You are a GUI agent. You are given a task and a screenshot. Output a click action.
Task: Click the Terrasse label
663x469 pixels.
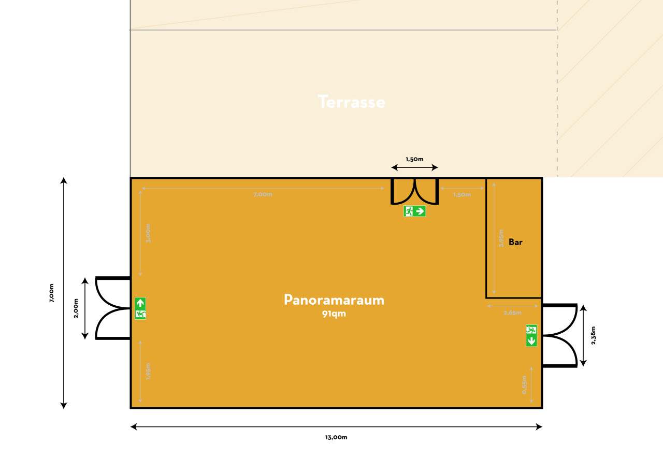(352, 102)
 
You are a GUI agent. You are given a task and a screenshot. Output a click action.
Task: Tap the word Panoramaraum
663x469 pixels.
(334, 300)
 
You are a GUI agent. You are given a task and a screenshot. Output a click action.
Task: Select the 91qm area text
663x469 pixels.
(334, 314)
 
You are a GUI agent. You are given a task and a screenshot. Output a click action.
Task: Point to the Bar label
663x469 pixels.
(515, 242)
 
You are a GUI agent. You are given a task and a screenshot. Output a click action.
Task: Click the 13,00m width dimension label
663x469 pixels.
(336, 437)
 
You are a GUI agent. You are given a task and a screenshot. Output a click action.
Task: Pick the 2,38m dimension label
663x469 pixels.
(594, 336)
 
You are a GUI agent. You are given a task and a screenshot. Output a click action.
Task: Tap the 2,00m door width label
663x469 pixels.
(76, 308)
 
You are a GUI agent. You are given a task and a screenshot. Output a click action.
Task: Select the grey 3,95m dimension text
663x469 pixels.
(501, 238)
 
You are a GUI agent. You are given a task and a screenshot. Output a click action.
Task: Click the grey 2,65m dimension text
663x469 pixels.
(513, 312)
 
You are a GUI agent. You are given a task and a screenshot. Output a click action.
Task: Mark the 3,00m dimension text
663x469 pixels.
(148, 233)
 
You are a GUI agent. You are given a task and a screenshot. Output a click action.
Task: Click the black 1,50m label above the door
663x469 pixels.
(414, 159)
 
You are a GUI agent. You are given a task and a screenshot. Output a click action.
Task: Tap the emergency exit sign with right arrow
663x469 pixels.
(415, 211)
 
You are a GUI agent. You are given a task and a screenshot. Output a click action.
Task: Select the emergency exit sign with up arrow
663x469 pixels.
(140, 308)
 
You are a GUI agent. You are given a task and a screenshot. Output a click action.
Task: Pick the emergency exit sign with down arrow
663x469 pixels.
(531, 336)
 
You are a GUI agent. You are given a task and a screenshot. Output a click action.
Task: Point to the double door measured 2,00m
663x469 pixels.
(113, 308)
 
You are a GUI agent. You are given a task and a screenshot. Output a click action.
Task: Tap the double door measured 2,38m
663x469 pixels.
(559, 336)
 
